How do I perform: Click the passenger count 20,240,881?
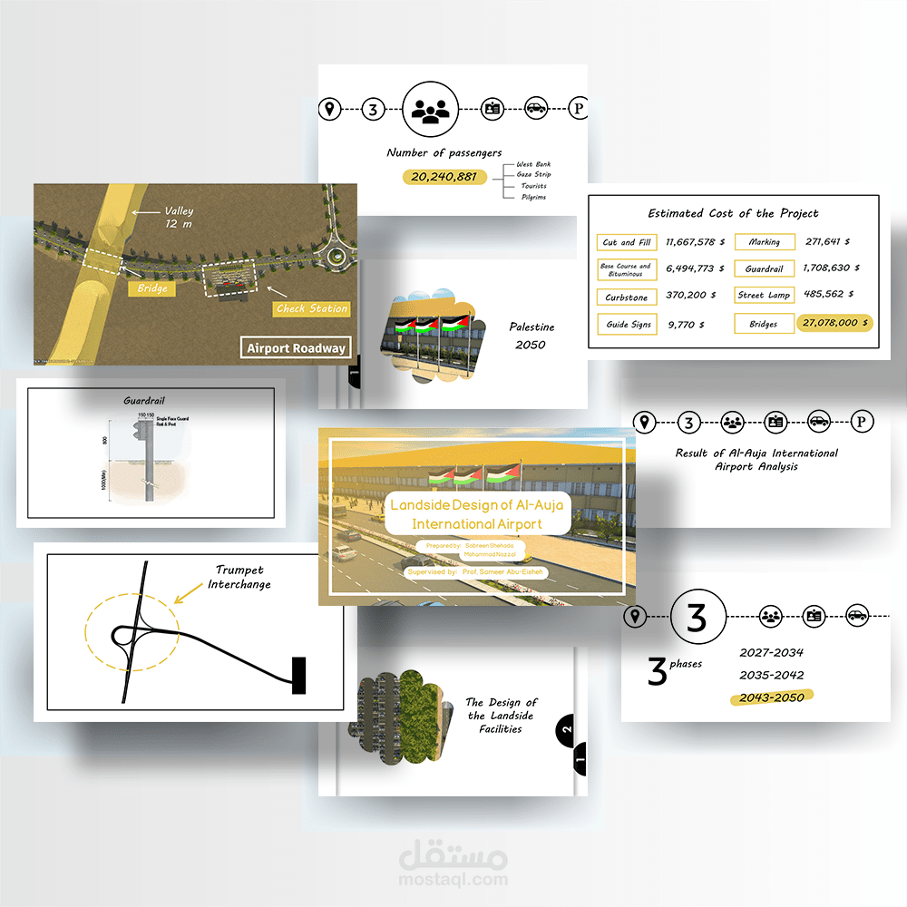[x=444, y=177]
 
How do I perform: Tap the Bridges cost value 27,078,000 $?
[x=834, y=323]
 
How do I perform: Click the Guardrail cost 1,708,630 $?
[x=831, y=268]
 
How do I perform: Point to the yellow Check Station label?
[x=311, y=308]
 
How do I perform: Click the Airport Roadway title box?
[x=296, y=347]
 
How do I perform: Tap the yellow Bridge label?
[x=151, y=289]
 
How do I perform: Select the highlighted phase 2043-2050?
[x=772, y=697]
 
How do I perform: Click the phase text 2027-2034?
[x=771, y=652]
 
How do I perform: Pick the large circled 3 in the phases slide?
[x=697, y=618]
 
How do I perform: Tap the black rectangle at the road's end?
[x=298, y=676]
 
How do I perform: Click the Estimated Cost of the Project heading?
[x=733, y=214]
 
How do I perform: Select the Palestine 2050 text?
[x=532, y=336]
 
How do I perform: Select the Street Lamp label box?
[x=764, y=296]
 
